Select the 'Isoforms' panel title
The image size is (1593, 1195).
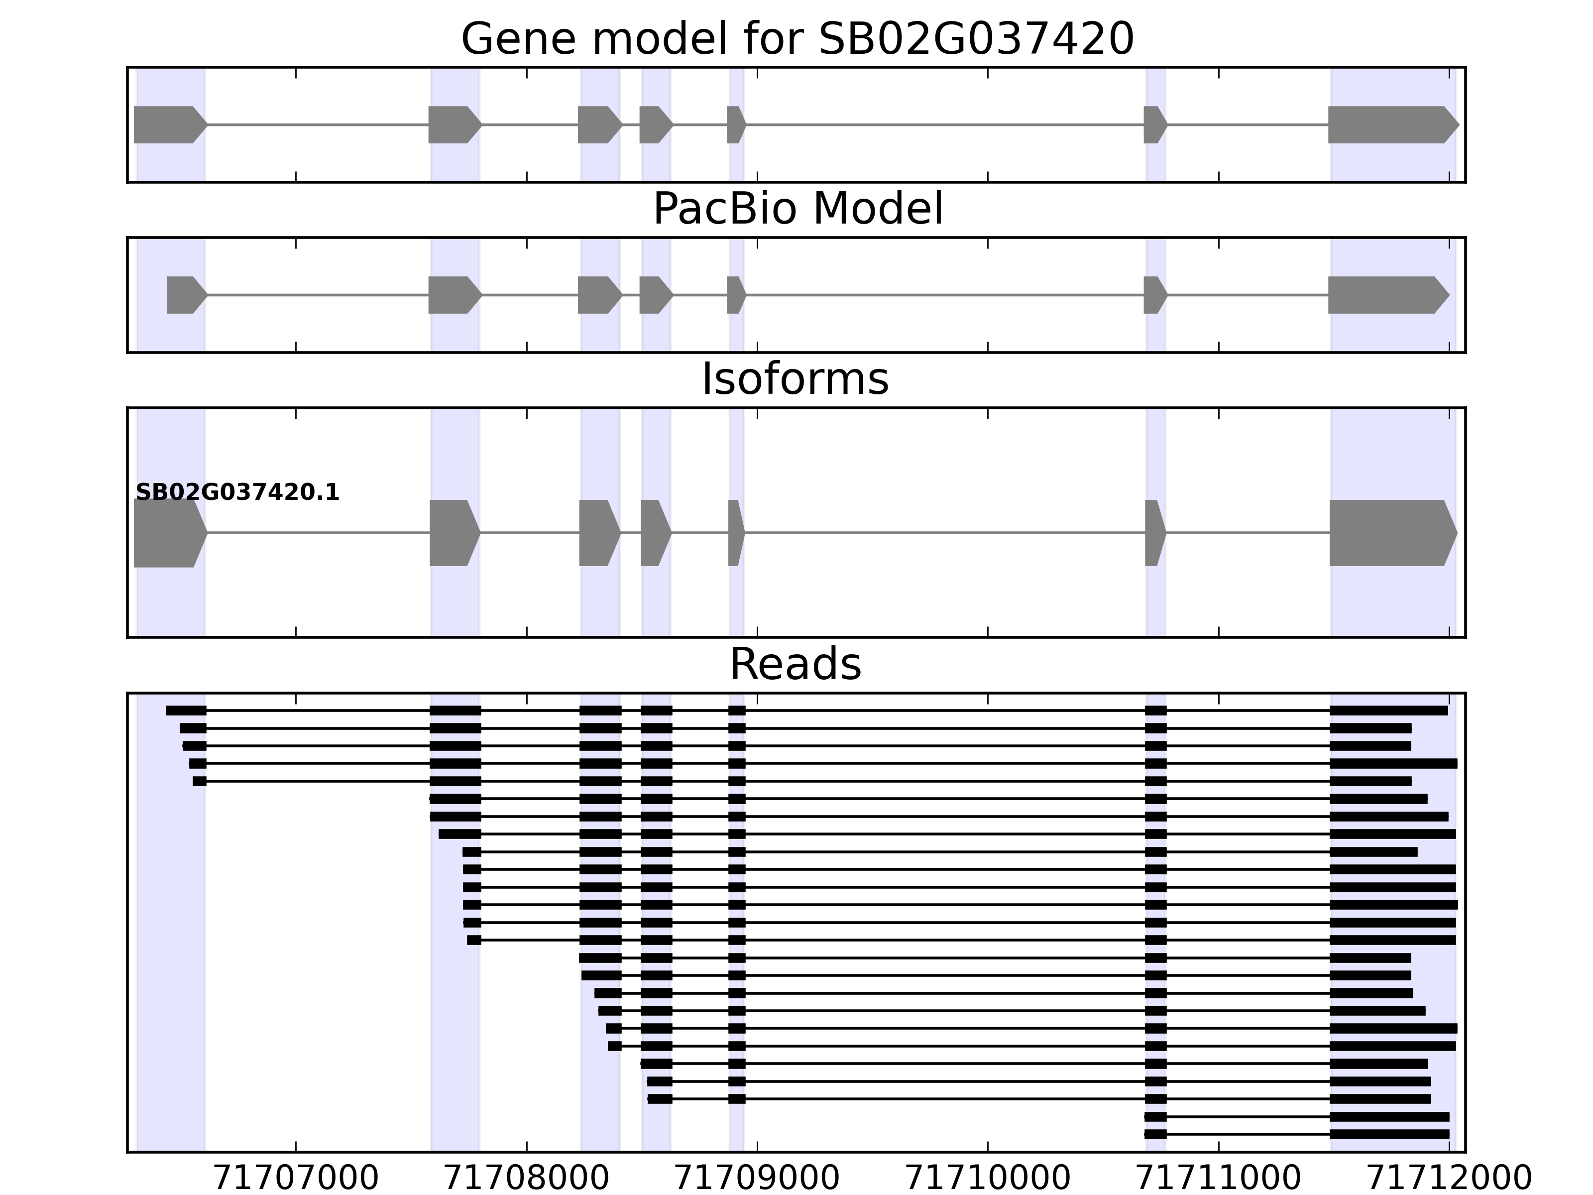coord(795,379)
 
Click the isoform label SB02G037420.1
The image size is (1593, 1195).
coord(237,493)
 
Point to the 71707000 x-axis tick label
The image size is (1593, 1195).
coord(296,1179)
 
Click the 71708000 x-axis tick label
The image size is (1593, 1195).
coord(527,1179)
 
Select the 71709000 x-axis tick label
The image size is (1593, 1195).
coord(757,1179)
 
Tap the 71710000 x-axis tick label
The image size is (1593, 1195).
coord(987,1179)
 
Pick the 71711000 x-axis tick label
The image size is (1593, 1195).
coord(1218,1179)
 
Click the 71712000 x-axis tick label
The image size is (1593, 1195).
coord(1448,1179)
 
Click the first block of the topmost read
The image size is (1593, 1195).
coord(186,710)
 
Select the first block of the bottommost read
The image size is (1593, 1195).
coord(1155,1134)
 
